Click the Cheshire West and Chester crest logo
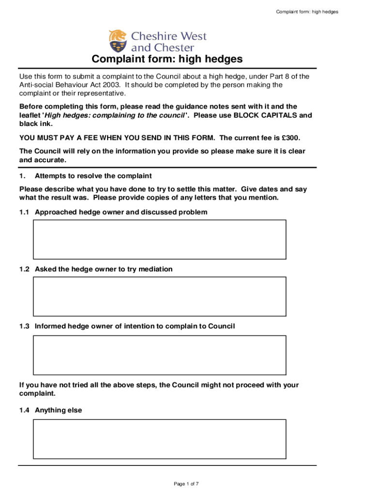[x=118, y=41]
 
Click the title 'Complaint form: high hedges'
[x=167, y=60]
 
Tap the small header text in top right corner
[x=307, y=12]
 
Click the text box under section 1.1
[x=159, y=239]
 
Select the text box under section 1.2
[x=159, y=296]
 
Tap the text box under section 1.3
[x=159, y=355]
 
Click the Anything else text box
[x=159, y=438]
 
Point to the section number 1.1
[x=25, y=212]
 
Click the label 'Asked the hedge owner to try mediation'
[x=104, y=269]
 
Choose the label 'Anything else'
[x=59, y=410]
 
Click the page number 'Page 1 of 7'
[x=186, y=484]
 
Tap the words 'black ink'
[x=35, y=124]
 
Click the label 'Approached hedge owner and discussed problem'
[x=121, y=212]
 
